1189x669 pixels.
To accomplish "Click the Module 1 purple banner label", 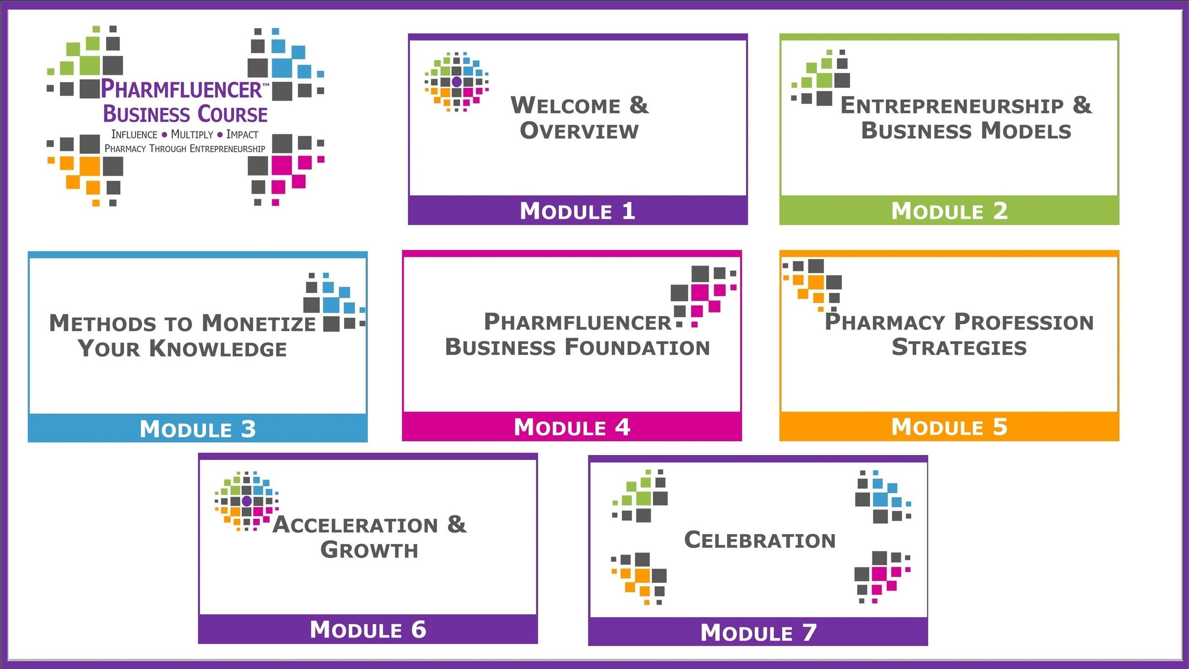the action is pos(577,211).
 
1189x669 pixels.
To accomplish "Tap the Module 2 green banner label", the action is pos(949,211).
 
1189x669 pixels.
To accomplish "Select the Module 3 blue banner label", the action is pos(198,428).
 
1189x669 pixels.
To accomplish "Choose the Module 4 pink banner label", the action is pos(572,427).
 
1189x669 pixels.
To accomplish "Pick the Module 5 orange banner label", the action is pos(949,427).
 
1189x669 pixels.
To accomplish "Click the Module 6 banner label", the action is pos(368,630).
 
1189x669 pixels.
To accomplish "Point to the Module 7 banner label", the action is pos(758,633).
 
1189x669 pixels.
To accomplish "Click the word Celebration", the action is pos(760,540).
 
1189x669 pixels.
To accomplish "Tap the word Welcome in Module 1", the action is pos(565,105).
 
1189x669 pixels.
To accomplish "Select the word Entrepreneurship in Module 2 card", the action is pos(952,105).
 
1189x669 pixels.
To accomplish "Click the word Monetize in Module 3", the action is pos(259,323).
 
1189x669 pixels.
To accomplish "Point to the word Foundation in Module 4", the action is pos(637,348).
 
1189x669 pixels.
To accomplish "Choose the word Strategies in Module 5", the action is pos(959,348).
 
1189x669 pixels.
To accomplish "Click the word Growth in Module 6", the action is pos(369,550).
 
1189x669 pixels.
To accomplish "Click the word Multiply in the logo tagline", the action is pos(192,134).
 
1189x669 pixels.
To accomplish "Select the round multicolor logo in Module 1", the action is pos(456,82).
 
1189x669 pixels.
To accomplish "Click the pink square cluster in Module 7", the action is pos(882,577).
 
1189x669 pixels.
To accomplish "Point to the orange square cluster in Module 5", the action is pos(812,285).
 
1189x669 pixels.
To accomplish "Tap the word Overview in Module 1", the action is pos(579,131).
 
